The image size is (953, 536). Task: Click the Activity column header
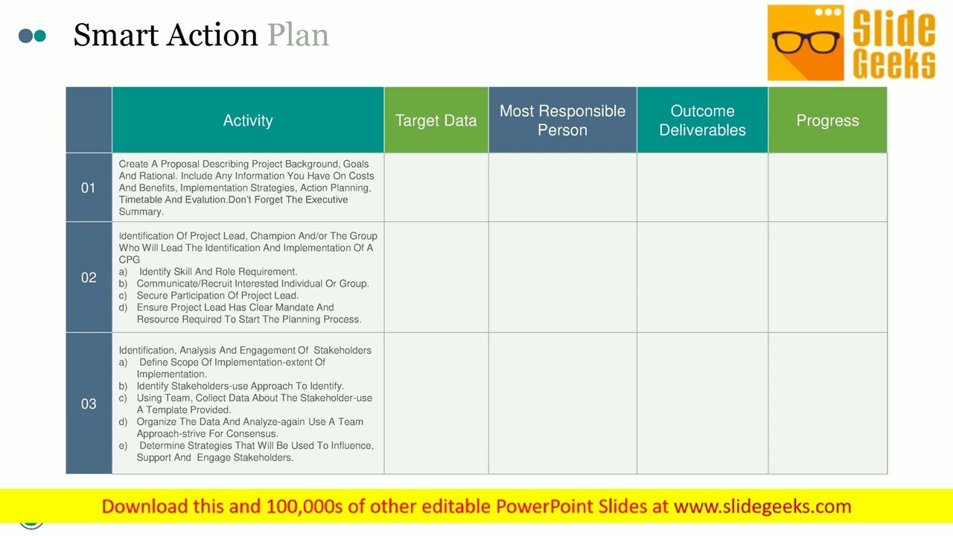248,121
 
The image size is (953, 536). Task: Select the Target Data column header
436,121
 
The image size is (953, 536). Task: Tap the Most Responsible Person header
562,121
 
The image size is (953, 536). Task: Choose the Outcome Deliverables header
702,121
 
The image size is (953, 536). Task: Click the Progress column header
827,121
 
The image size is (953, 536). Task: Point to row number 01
89,188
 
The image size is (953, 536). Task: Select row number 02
89,278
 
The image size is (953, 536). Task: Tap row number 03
89,403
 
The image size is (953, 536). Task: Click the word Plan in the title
298,35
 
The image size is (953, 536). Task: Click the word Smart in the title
118,35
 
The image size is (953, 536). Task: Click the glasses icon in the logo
806,42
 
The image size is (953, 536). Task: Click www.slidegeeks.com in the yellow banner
762,507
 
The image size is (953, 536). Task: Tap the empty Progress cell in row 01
827,188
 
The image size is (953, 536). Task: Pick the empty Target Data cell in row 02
436,278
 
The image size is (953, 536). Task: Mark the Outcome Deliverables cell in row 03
702,403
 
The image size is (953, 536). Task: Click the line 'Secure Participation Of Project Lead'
217,296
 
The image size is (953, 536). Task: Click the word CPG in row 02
130,260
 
